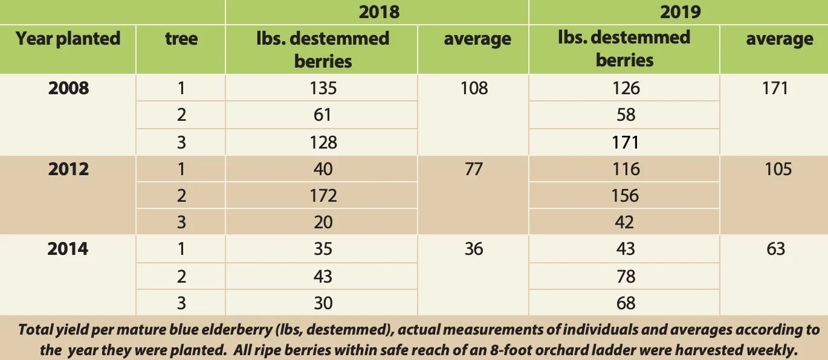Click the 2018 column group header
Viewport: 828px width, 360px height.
pos(379,11)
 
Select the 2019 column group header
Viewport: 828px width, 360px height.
pos(680,11)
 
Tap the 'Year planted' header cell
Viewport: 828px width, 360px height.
pos(68,39)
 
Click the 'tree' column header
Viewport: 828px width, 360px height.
pos(181,39)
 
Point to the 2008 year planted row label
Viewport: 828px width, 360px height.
pos(68,88)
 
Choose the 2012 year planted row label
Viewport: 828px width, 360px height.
pos(68,169)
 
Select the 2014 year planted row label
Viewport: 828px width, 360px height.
pos(68,249)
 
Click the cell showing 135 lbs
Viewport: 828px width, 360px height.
pos(323,88)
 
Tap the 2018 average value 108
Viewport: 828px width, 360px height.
pos(474,88)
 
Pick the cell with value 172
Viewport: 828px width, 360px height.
pos(323,196)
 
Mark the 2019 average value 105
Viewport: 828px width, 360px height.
pos(777,169)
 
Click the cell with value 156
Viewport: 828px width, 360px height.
pos(625,196)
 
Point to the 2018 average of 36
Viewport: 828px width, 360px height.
pos(474,249)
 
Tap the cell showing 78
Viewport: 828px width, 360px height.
pos(626,276)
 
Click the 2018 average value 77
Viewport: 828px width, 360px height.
pos(474,169)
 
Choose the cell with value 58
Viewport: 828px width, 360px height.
pos(626,115)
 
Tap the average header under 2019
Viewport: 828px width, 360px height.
pos(779,39)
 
